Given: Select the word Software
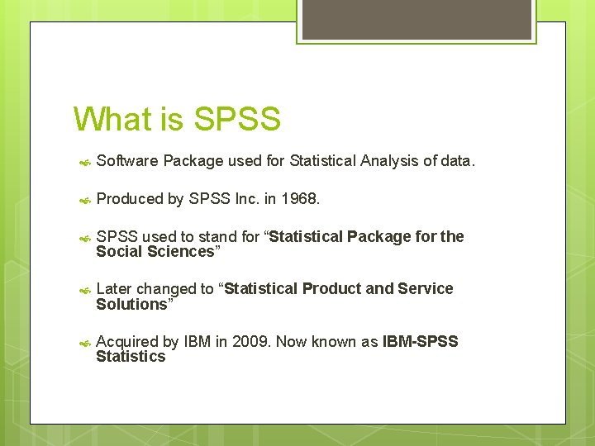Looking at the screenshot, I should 126,161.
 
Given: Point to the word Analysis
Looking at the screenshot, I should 388,161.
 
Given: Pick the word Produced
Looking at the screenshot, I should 130,199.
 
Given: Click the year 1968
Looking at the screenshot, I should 300,199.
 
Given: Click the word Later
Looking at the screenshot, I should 114,289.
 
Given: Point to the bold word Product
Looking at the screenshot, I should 332,289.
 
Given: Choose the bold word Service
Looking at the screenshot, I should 426,289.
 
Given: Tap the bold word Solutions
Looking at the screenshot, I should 131,305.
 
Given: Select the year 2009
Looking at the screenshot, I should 250,342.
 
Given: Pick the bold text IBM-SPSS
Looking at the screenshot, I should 420,342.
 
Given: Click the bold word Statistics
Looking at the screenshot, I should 131,357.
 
